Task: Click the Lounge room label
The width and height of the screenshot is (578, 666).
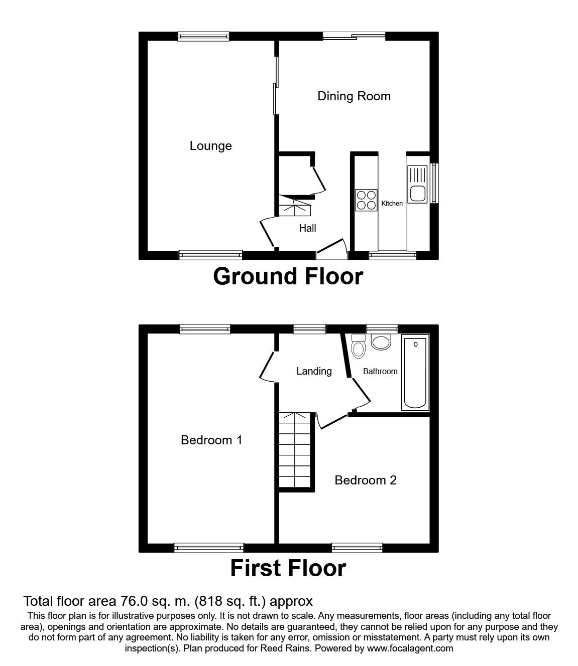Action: click(211, 146)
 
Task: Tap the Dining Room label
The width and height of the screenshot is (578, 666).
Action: click(354, 96)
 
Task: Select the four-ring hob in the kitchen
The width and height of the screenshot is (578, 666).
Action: click(366, 200)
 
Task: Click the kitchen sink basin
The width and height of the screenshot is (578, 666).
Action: click(418, 193)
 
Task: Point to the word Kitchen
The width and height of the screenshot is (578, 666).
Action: click(392, 203)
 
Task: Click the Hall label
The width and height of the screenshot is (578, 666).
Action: click(307, 229)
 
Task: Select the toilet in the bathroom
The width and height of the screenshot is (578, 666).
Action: click(358, 346)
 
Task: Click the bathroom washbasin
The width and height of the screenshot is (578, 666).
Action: click(381, 342)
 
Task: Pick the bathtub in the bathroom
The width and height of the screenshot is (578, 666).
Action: click(415, 373)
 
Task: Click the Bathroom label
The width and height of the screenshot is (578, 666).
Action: click(380, 372)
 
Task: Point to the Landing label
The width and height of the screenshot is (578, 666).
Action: click(314, 372)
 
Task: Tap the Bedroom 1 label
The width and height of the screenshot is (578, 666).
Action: click(211, 440)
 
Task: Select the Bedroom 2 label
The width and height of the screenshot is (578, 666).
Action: click(365, 480)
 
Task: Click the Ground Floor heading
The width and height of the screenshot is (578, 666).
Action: click(288, 277)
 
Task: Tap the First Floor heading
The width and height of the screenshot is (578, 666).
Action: click(288, 568)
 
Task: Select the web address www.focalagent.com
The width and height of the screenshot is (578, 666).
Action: click(410, 648)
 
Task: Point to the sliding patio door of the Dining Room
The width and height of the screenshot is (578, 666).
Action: click(354, 37)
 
